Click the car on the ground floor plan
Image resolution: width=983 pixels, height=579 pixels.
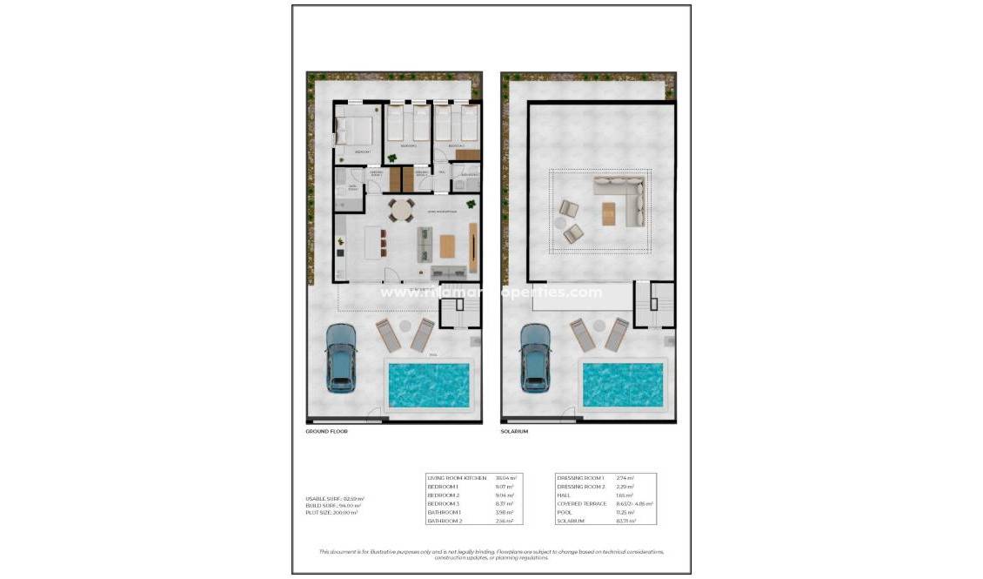pos(340,358)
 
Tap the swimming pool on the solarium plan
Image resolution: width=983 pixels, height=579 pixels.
pos(622,384)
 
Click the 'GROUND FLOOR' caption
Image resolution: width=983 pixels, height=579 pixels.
pos(326,431)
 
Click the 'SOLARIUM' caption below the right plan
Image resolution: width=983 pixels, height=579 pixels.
pos(514,431)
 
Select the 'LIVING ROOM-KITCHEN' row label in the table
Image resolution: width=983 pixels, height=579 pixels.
pos(453,478)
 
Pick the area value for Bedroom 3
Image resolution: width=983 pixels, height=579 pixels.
pos(505,503)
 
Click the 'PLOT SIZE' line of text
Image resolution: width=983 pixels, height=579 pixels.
pos(331,513)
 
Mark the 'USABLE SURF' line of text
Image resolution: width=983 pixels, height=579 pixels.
pos(331,498)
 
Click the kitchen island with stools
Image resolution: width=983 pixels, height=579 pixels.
pos(375,241)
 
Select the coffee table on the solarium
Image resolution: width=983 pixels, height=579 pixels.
pos(609,213)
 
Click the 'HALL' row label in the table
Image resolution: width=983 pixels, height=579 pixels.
pos(563,495)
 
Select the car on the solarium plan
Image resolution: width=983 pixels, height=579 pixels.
pos(535,358)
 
